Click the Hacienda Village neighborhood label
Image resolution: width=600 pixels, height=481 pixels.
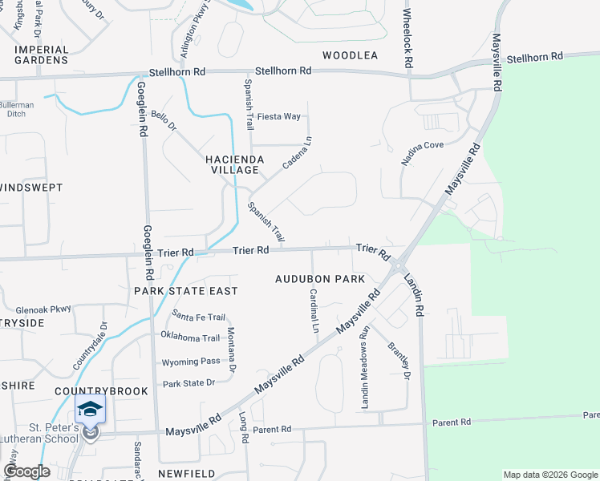point(235,164)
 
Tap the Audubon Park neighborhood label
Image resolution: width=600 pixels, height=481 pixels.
point(320,279)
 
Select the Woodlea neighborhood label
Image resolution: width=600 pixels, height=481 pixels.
point(350,55)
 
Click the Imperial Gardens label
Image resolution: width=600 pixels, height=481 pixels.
point(41,55)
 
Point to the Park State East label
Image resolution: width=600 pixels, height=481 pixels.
point(186,290)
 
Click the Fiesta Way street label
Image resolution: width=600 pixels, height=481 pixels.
point(279,116)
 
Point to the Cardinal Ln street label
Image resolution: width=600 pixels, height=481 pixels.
point(314,311)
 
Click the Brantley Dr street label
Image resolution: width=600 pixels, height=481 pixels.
point(399,360)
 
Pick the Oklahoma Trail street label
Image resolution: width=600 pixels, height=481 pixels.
point(190,338)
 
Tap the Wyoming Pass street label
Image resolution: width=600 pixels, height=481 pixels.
point(190,362)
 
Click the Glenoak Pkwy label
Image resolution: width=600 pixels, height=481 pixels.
point(43,309)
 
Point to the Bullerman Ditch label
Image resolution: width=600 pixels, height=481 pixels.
point(17,110)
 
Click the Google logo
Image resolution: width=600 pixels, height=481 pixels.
point(26,471)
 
